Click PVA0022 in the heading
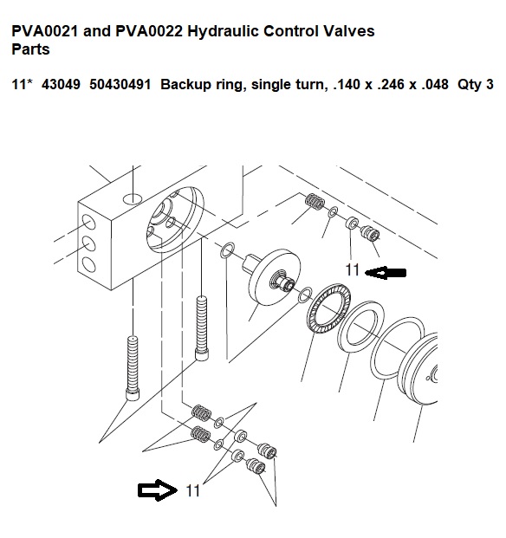(x=149, y=31)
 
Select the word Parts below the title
(x=30, y=49)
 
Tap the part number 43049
(x=61, y=84)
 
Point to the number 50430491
(x=120, y=84)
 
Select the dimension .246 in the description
(x=391, y=84)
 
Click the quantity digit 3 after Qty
(x=490, y=84)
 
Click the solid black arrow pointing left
(x=386, y=273)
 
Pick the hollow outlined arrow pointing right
(x=158, y=490)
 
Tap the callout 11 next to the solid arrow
(x=353, y=270)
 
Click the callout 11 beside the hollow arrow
(x=192, y=491)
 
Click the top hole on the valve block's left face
(x=89, y=224)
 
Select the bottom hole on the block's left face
(x=89, y=264)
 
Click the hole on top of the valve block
(x=133, y=198)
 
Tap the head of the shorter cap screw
(x=202, y=354)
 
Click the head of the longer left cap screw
(x=133, y=394)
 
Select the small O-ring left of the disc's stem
(x=227, y=250)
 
